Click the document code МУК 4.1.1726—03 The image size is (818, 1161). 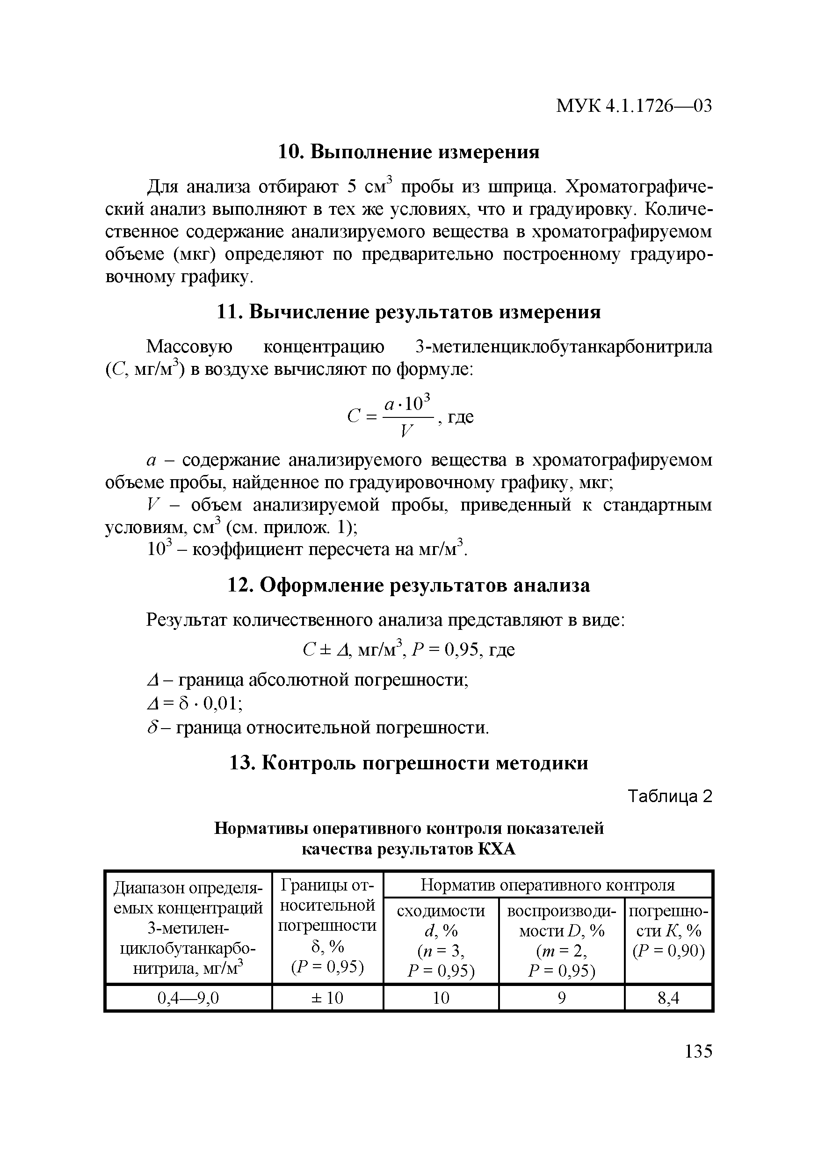(x=634, y=106)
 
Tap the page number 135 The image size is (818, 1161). (x=698, y=1051)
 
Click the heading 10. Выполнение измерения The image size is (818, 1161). (x=409, y=152)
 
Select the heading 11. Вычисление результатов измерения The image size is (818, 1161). (x=409, y=312)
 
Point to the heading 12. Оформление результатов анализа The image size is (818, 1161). (x=409, y=585)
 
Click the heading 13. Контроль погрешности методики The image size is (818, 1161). (x=409, y=763)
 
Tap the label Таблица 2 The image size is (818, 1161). (x=669, y=796)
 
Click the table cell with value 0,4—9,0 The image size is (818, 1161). (x=188, y=998)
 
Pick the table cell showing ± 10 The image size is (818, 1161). (x=327, y=998)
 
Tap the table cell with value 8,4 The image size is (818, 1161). (x=668, y=998)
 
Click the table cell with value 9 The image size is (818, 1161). (x=561, y=998)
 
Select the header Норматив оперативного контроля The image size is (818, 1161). (x=548, y=884)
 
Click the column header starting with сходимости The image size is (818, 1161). (x=441, y=940)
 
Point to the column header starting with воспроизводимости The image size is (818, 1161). (x=561, y=940)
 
